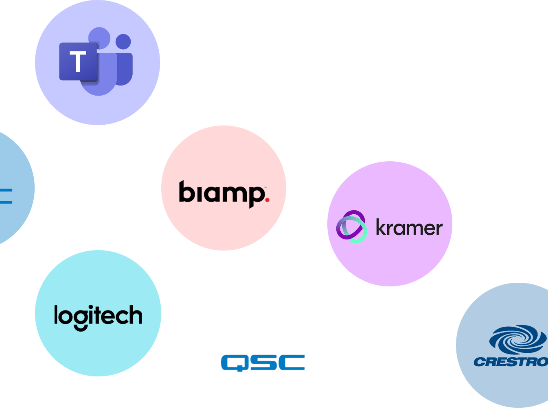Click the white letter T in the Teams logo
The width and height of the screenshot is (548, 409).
point(78,62)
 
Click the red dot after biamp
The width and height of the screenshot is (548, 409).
point(267,200)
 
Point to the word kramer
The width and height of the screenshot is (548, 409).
point(409,227)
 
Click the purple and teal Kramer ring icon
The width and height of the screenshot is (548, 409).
point(351,226)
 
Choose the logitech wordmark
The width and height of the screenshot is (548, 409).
point(98,317)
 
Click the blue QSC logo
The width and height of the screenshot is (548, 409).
point(263,363)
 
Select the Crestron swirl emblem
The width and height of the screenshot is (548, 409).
point(518,339)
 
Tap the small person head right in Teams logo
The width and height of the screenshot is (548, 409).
point(123,42)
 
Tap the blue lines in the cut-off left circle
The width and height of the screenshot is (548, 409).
point(6,196)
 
